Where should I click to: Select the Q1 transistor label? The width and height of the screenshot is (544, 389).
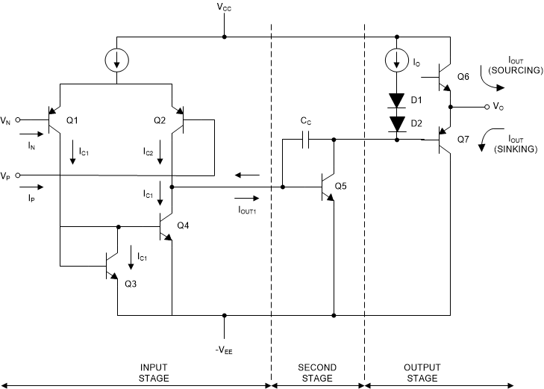(72, 119)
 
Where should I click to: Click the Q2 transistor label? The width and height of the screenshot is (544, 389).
(159, 119)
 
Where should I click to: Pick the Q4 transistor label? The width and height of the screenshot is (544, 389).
(183, 225)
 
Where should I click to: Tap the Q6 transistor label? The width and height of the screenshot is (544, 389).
(463, 77)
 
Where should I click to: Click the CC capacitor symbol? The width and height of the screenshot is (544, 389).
(306, 139)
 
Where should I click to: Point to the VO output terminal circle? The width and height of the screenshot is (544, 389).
(487, 107)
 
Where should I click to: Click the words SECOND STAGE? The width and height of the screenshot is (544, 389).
(318, 373)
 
